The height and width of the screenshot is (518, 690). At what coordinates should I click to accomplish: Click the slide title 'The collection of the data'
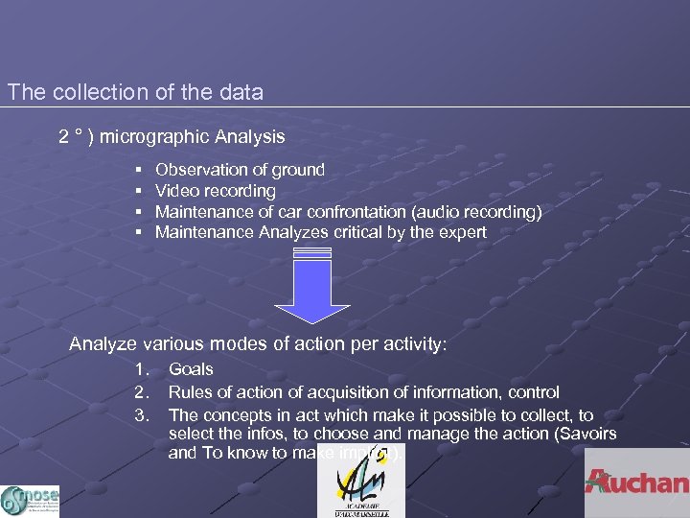tap(135, 93)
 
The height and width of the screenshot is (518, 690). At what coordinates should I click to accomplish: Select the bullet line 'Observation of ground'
tap(240, 170)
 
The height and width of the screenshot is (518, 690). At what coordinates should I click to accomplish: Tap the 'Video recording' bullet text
tap(215, 191)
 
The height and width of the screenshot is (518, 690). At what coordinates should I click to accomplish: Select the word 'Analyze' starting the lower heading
tap(103, 343)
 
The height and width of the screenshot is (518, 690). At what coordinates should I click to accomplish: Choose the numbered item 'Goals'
tap(191, 369)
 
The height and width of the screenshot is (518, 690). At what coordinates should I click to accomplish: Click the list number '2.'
tap(143, 392)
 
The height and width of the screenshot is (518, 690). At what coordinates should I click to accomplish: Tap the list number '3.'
tap(143, 415)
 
